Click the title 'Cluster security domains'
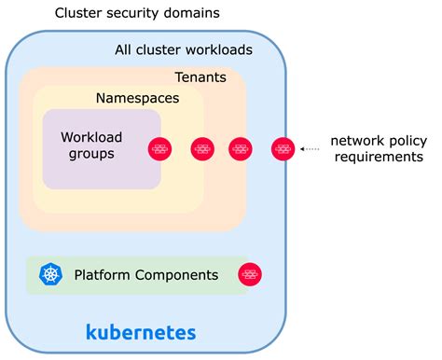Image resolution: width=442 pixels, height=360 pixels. pos(137,13)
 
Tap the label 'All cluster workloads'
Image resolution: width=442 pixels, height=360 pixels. pos(184,49)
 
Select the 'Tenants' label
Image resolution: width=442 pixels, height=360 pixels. pos(200,77)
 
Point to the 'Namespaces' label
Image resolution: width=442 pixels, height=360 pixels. pos(137,98)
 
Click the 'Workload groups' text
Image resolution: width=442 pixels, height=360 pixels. pos(91,145)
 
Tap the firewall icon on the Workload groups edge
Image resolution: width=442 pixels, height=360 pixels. pos(159,149)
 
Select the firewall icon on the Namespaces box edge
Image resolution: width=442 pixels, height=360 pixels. pos(202,149)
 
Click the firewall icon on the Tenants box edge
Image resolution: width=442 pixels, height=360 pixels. pos(241,149)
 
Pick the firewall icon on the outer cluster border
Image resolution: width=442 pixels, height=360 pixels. pos(283,149)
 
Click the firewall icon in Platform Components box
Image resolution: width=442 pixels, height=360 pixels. pos(250,274)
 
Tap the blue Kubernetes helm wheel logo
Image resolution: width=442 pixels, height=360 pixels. pos(50,274)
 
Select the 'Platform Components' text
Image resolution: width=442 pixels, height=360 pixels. pos(146,275)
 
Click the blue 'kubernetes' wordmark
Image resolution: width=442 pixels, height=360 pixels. pos(141,332)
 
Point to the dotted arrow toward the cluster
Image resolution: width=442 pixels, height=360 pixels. pos(310,149)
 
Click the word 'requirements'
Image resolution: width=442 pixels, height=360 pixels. pos(379,157)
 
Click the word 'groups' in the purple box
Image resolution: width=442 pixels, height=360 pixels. pos(91,154)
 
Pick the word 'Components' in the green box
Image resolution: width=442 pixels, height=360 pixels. pos(176,275)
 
